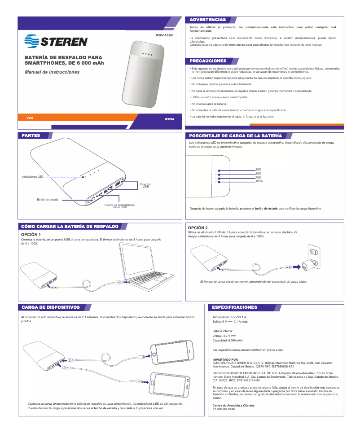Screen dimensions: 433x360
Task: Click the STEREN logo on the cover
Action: [x=57, y=41]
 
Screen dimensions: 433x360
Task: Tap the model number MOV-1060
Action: [x=163, y=35]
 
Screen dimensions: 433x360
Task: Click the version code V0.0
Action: [x=30, y=118]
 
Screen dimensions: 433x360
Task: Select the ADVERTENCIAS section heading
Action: [x=208, y=20]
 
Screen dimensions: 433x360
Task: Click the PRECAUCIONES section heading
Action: [x=208, y=61]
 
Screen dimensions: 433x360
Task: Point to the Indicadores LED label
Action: [x=32, y=177]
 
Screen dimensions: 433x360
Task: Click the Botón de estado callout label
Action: [x=48, y=199]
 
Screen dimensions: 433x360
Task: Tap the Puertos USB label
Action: [x=145, y=185]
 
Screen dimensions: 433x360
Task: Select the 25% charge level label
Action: [x=258, y=169]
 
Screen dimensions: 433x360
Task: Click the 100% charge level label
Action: [x=259, y=181]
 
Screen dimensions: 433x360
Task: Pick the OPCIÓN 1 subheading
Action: [x=31, y=235]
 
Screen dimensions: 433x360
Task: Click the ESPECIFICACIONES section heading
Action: [x=235, y=307]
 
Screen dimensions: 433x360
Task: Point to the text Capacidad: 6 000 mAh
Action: [x=227, y=341]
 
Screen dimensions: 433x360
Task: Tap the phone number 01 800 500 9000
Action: [x=224, y=409]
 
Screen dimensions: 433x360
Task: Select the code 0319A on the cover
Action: [x=169, y=119]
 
